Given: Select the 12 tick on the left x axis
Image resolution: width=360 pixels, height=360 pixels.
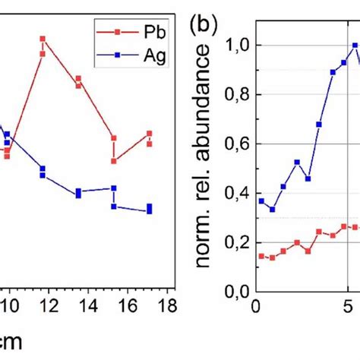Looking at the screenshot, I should tap(49, 305).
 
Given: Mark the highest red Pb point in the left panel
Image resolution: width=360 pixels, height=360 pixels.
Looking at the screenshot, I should tap(43, 38).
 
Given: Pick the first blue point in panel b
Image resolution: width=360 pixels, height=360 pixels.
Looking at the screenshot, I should tap(261, 201).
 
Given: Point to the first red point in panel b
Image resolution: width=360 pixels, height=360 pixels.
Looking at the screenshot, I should tap(261, 256).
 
